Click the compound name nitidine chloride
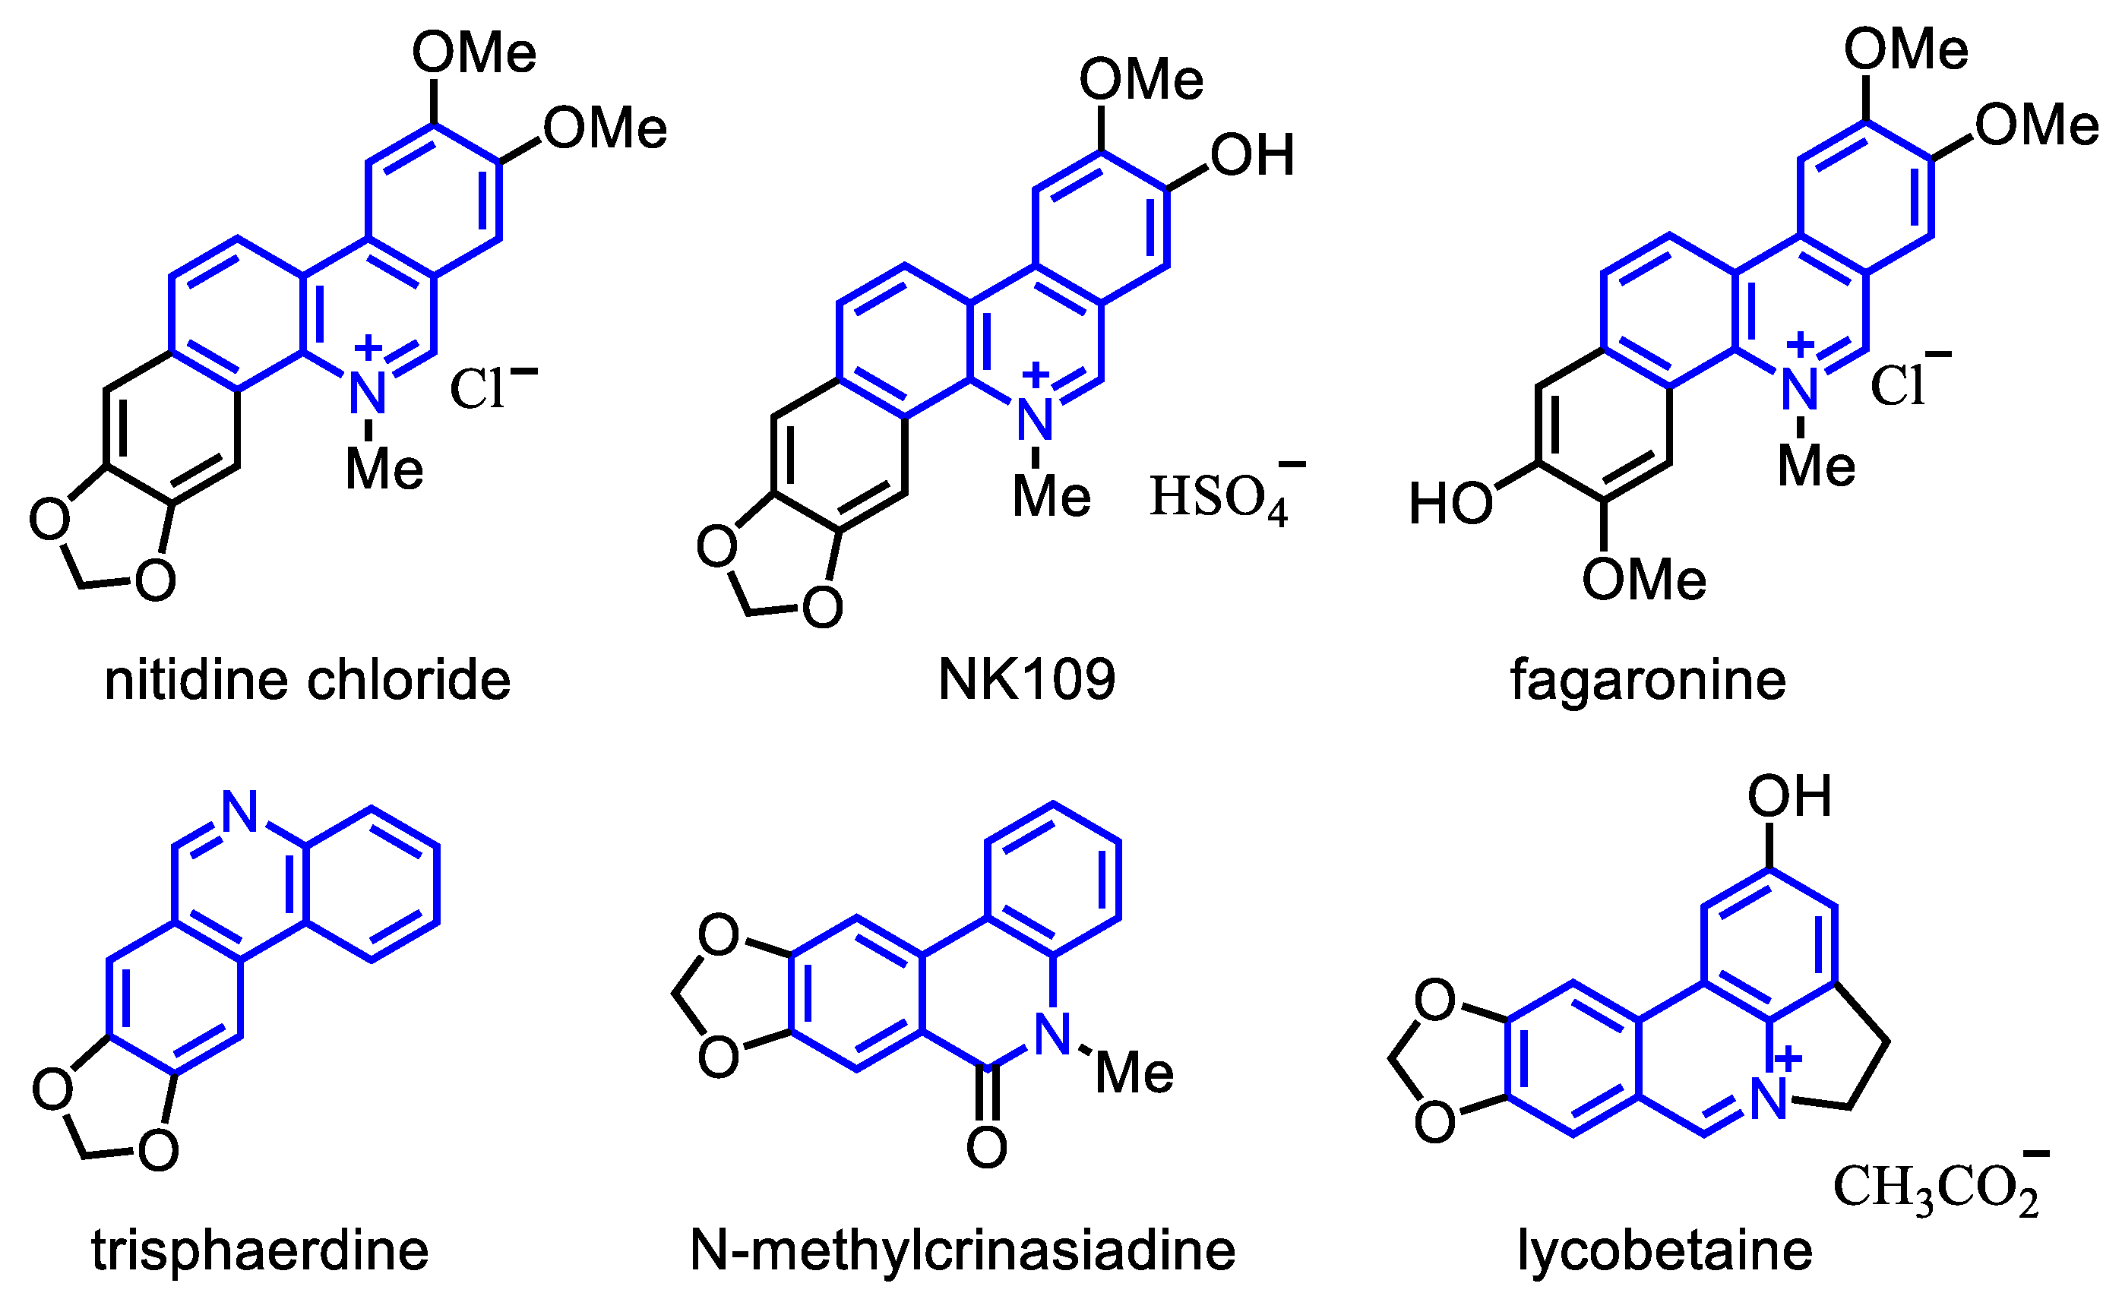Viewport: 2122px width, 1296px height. click(x=308, y=681)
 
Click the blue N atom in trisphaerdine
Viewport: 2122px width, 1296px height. click(x=240, y=811)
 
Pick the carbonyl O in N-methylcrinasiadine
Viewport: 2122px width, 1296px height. click(x=987, y=1148)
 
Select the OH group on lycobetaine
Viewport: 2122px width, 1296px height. click(x=1789, y=797)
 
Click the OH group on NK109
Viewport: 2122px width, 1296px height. click(x=1252, y=156)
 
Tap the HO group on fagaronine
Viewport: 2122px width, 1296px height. click(x=1451, y=504)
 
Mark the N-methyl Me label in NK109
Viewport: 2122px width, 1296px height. click(x=1052, y=497)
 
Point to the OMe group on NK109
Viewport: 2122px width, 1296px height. click(x=1142, y=80)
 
